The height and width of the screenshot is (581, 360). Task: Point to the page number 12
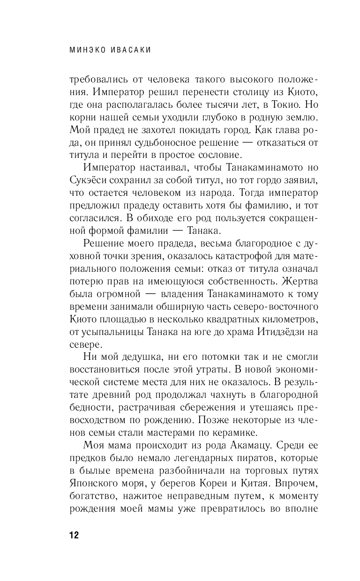point(74,536)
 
